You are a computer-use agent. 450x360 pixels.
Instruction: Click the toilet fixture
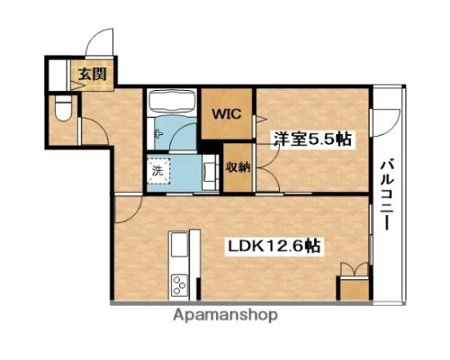60,113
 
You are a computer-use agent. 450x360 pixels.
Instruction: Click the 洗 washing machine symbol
158,169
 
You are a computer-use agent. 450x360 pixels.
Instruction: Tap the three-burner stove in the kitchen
177,285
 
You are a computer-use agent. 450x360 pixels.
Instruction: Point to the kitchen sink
177,244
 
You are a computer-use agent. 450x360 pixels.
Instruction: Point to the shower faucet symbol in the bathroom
158,131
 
